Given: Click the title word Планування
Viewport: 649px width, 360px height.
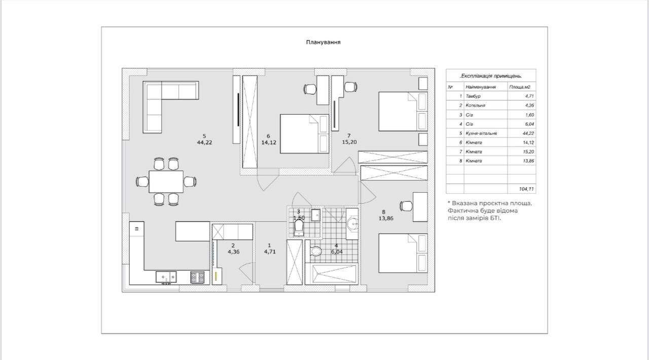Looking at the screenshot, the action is pos(323,42).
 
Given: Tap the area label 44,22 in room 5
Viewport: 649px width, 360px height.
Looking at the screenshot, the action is pos(204,142).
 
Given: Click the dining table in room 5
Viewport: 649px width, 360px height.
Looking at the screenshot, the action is pos(166,182).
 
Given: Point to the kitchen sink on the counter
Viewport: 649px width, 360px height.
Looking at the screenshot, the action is pos(166,277).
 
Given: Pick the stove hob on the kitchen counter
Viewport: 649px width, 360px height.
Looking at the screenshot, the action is pos(197,277).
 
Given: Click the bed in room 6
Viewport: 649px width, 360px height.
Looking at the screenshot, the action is pos(305,134).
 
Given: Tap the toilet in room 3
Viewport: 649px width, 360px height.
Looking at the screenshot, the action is pos(299,228).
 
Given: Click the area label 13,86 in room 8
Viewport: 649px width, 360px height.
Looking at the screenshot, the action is pos(386,219).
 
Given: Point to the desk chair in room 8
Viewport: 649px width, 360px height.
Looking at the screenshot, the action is pos(406,206).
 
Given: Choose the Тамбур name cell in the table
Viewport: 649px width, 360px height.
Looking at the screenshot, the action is pos(473,96).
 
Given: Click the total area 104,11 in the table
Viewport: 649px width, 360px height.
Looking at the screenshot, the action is pos(526,189).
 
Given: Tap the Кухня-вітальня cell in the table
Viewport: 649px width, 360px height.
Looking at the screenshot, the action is pos(481,133).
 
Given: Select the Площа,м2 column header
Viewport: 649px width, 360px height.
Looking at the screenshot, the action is pos(520,87).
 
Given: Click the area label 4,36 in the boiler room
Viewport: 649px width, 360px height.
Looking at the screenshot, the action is pos(234,252).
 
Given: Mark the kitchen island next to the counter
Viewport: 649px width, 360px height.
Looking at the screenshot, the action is pos(193,231).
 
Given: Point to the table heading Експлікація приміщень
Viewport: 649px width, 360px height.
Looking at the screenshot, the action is pos(491,76).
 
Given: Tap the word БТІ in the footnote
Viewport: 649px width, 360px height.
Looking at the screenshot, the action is pos(495,218).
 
